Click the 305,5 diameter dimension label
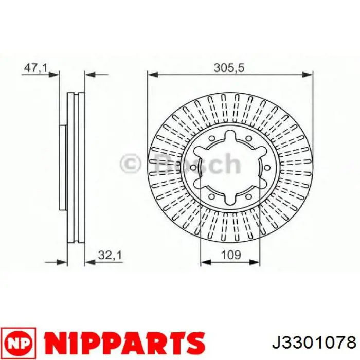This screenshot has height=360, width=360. tap(229, 68)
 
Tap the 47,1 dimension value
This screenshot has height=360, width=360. tap(35, 68)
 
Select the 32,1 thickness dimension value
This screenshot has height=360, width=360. tap(110, 255)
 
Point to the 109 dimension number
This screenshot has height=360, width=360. tap(231, 255)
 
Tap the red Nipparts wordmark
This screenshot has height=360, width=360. tap(124, 343)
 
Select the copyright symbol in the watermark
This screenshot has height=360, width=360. tap(131, 164)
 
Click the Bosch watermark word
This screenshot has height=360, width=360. tap(197, 163)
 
